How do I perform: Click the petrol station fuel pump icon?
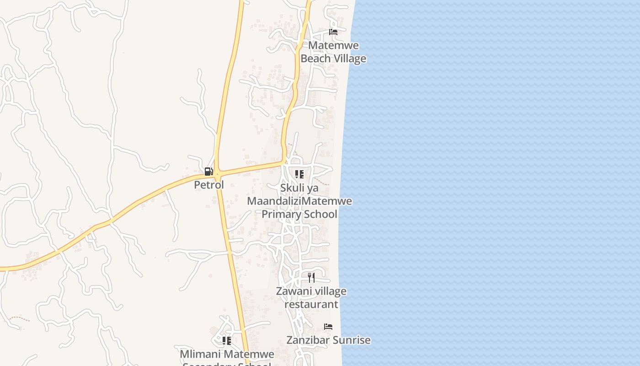(208, 172)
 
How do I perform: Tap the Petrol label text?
(209, 185)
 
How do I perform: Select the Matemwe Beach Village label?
(333, 52)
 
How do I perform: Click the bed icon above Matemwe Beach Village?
(333, 32)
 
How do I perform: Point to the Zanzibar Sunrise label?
(328, 340)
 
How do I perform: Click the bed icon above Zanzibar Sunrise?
(328, 327)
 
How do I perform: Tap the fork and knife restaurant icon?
(311, 277)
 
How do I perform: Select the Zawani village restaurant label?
(311, 297)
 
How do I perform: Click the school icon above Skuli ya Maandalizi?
(299, 174)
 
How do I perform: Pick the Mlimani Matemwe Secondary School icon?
(226, 341)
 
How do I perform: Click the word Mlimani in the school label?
(200, 354)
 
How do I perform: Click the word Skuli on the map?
(291, 188)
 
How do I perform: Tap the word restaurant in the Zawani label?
(311, 304)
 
